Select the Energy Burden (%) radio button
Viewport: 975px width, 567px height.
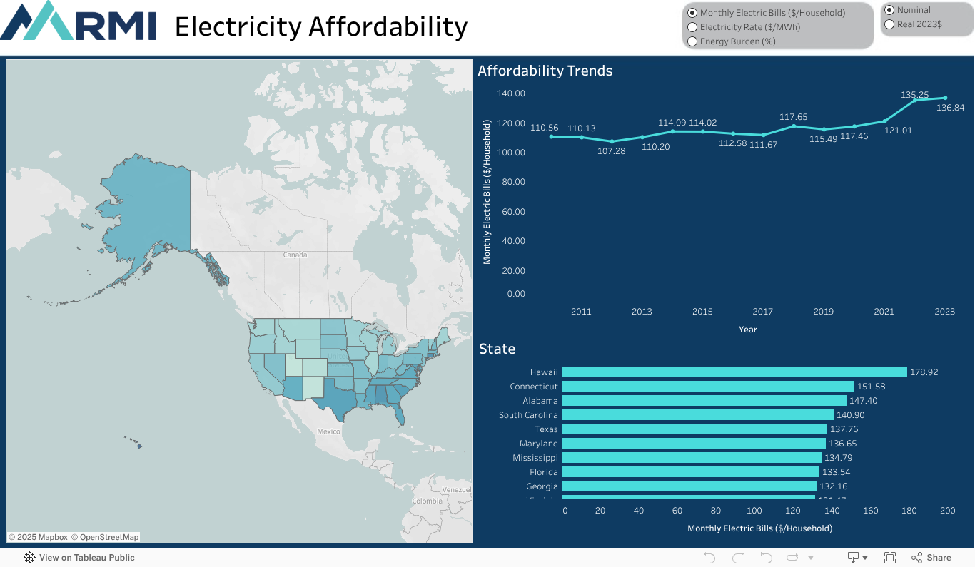(x=692, y=41)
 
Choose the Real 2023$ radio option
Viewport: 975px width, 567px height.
(x=889, y=24)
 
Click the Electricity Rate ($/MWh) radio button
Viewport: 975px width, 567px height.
(x=692, y=27)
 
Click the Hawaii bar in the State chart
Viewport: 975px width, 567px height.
(x=734, y=372)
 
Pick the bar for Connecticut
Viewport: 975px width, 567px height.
(x=707, y=387)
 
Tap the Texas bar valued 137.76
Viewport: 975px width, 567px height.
(x=694, y=429)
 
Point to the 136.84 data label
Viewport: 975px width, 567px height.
(x=949, y=108)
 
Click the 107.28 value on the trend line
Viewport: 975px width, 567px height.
(x=611, y=151)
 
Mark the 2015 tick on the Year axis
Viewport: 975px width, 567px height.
(x=702, y=312)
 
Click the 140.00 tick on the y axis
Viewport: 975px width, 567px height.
(x=511, y=93)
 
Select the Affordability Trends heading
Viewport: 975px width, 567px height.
(x=545, y=71)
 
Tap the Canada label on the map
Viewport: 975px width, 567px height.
(x=295, y=255)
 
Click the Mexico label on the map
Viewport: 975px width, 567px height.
(x=328, y=431)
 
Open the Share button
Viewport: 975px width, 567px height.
(x=931, y=558)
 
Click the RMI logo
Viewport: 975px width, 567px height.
(x=79, y=21)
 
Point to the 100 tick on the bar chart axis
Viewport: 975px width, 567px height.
(x=754, y=511)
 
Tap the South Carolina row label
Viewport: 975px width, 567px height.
(x=528, y=415)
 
